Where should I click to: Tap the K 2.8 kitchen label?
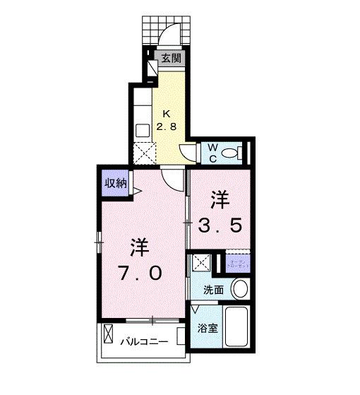click(x=167, y=120)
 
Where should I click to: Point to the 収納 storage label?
click(x=114, y=182)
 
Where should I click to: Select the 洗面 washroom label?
click(x=213, y=289)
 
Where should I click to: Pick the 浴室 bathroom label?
click(x=207, y=329)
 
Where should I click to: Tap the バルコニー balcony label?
click(x=143, y=341)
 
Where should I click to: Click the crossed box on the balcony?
click(x=109, y=334)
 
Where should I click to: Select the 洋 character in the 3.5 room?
click(x=220, y=199)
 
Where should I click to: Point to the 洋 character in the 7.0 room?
click(x=139, y=247)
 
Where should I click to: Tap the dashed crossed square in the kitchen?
click(x=145, y=152)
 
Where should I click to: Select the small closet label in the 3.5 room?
click(x=238, y=263)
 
